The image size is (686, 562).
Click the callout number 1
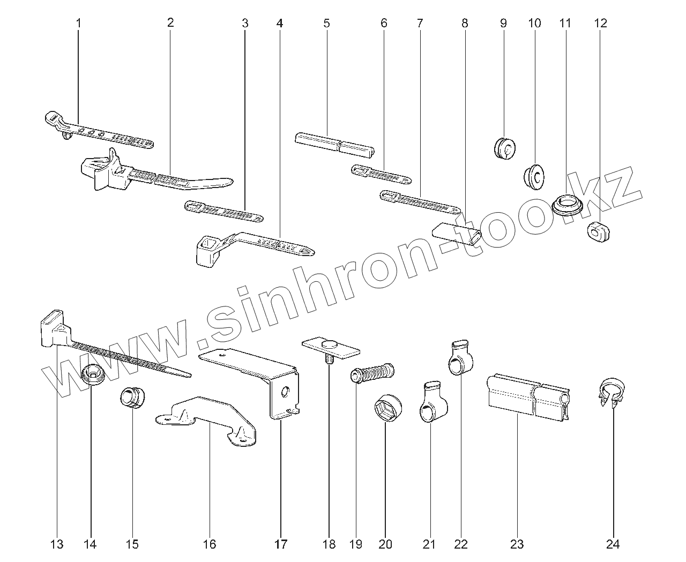tap(78, 23)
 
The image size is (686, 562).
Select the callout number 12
tap(600, 23)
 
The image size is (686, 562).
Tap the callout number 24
tap(613, 544)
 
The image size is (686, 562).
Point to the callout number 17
tap(280, 544)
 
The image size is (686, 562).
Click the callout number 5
tap(326, 23)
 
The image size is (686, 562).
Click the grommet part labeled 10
tap(534, 176)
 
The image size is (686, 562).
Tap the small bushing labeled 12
tap(598, 230)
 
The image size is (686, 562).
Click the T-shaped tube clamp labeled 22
tap(459, 358)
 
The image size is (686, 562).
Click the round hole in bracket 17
tap(285, 392)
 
